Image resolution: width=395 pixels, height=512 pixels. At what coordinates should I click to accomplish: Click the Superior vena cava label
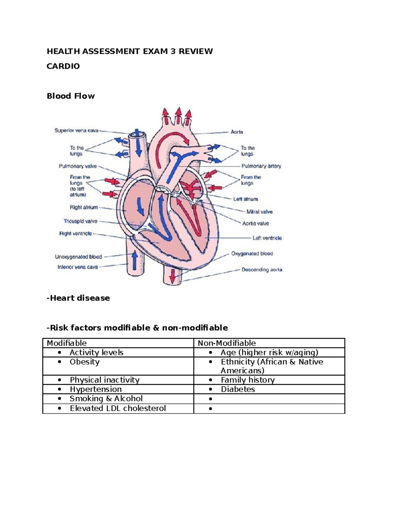pos(76,131)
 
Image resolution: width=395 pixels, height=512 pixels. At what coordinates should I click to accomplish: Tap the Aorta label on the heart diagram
pos(237,132)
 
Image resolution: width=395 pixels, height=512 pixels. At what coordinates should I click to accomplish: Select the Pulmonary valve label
pos(78,166)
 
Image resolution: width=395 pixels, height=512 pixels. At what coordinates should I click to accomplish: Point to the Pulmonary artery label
pos(261,166)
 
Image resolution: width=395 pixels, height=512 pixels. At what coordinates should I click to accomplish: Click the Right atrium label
pos(84,207)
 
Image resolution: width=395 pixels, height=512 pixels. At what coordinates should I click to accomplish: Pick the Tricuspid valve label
pos(80,221)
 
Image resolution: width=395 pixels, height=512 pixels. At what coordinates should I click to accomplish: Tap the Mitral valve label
pos(259,212)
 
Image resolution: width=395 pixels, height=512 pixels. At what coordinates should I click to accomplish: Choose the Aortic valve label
pos(255,224)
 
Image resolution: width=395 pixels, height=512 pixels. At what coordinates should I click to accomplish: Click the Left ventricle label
pos(267,238)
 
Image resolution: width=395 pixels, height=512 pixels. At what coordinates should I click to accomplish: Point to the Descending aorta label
pos(262,270)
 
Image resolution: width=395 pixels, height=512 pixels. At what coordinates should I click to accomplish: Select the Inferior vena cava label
pos(78,267)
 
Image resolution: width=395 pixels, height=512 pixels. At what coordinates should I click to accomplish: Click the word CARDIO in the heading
pos(63,66)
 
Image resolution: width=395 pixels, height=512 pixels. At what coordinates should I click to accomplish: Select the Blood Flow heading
pos(71,96)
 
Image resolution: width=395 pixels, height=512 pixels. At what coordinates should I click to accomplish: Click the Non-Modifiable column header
pos(227,343)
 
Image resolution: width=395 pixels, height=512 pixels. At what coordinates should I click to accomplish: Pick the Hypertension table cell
pos(96,389)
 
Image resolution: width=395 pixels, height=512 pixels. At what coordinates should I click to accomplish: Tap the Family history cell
pos(248,380)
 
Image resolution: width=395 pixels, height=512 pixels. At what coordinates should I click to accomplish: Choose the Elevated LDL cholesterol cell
pos(118,408)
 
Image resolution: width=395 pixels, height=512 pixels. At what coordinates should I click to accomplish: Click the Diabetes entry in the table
pos(238,389)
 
